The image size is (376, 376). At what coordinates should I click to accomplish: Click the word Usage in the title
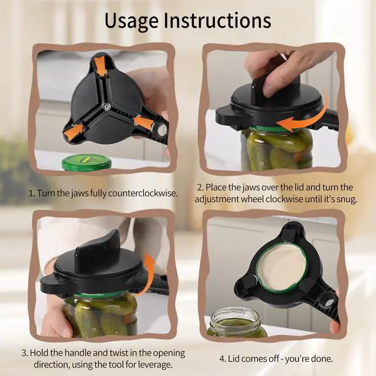tap(131, 21)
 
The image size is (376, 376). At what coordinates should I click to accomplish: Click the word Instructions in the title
tap(217, 21)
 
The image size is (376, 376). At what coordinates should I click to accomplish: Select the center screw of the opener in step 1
tap(106, 106)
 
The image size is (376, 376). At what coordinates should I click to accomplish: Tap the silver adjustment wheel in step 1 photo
tap(159, 130)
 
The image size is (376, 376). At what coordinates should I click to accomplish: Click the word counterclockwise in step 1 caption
tap(143, 193)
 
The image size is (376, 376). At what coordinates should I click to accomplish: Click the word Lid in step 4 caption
tap(233, 359)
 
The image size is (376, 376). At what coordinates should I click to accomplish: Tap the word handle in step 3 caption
tap(78, 353)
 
